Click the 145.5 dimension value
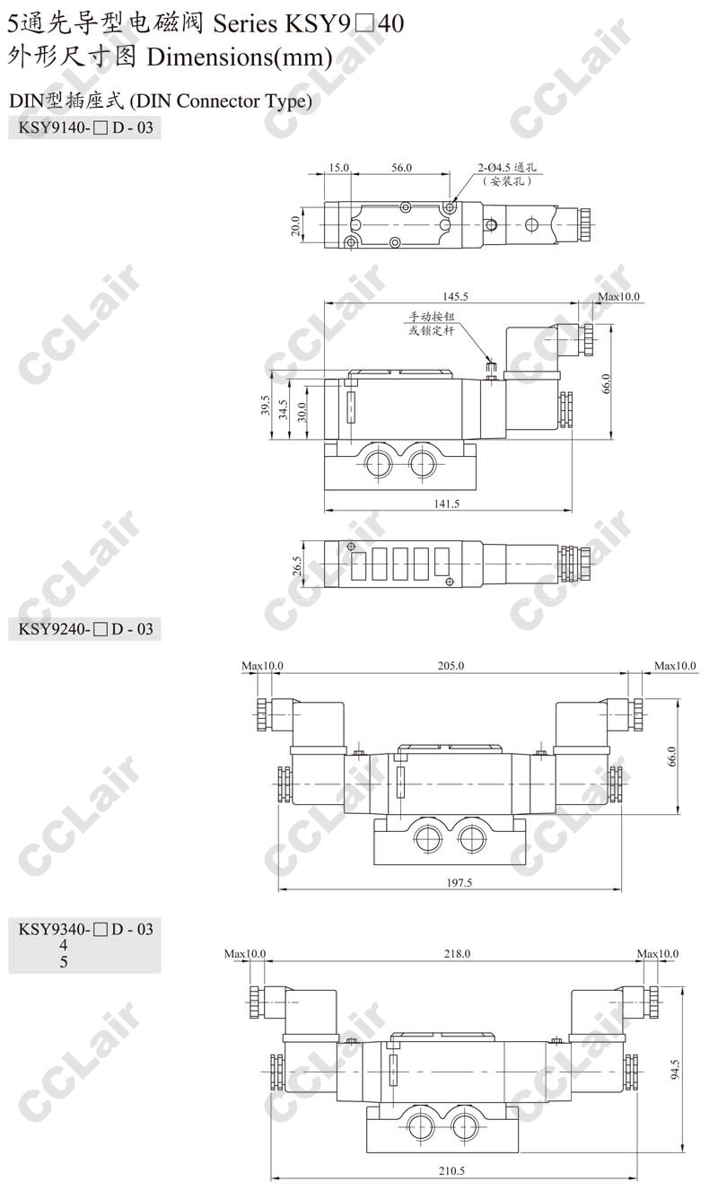455,296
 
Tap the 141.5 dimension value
447,503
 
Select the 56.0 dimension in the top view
401,168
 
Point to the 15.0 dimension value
338,168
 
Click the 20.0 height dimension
295,226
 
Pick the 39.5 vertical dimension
265,405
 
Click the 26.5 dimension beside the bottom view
297,565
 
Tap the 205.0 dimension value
451,666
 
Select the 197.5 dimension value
460,883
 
